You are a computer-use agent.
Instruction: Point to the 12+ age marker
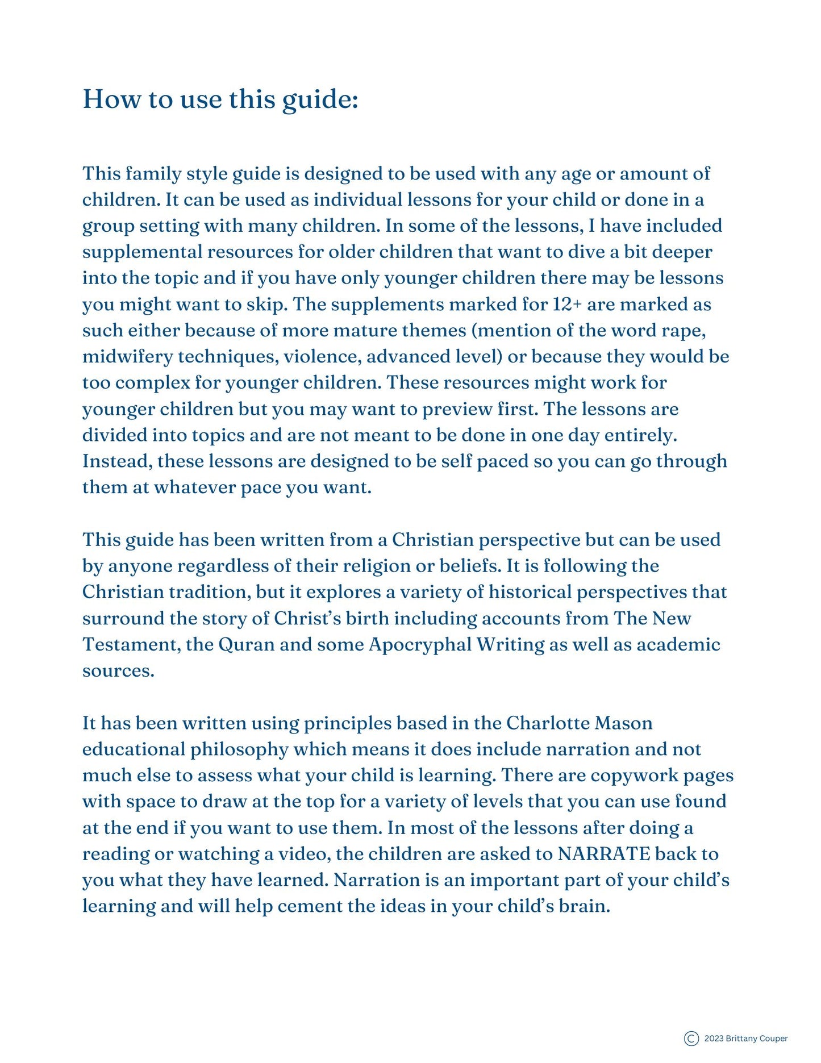(x=567, y=305)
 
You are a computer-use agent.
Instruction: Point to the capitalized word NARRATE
(x=603, y=854)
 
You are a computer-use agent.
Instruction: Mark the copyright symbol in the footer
(x=691, y=1039)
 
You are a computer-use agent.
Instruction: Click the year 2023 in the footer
(x=714, y=1039)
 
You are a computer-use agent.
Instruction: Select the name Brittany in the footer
(x=741, y=1039)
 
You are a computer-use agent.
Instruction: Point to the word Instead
(x=116, y=461)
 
